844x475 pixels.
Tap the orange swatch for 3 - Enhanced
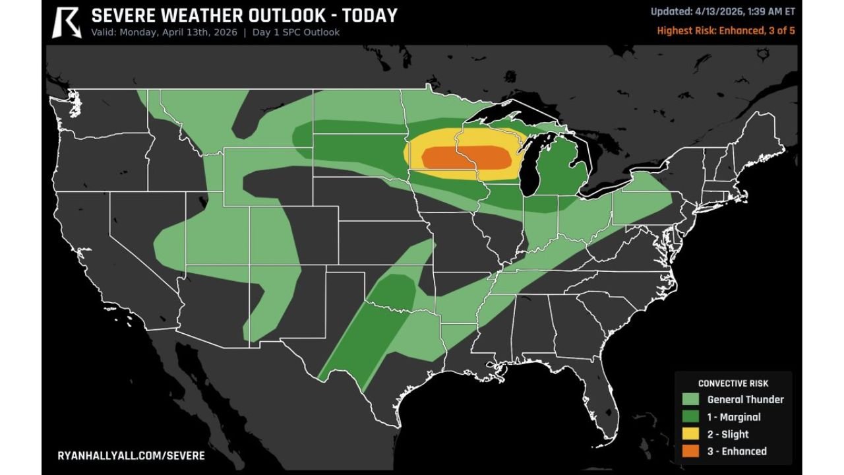[x=690, y=451]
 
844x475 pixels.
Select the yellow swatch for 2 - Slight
[x=690, y=434]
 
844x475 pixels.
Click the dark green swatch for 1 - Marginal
[x=690, y=417]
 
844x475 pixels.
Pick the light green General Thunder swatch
[x=690, y=399]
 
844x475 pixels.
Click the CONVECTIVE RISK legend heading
[x=733, y=383]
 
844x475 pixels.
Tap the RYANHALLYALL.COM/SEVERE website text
[x=131, y=456]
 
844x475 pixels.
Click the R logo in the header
[x=67, y=22]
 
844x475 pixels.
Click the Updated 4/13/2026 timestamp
[x=722, y=11]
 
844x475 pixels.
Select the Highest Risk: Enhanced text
[x=725, y=30]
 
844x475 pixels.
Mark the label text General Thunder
[x=745, y=399]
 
